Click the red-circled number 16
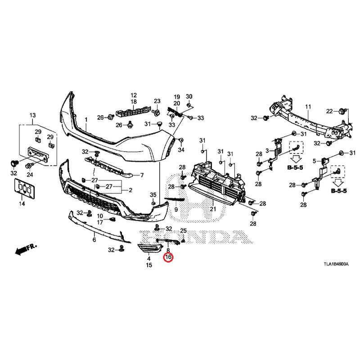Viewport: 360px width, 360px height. pos(168,258)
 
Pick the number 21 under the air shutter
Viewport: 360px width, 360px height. pos(213,209)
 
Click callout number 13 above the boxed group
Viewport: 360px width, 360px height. pos(32,116)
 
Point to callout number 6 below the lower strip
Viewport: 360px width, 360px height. pos(94,240)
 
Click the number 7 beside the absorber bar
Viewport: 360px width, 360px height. pos(142,175)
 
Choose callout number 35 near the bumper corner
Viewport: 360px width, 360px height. pos(153,194)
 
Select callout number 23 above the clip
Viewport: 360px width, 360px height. pos(157,101)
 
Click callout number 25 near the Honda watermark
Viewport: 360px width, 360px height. pos(183,231)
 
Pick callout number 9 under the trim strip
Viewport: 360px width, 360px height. pos(176,210)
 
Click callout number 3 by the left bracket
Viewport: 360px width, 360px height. pos(267,150)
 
